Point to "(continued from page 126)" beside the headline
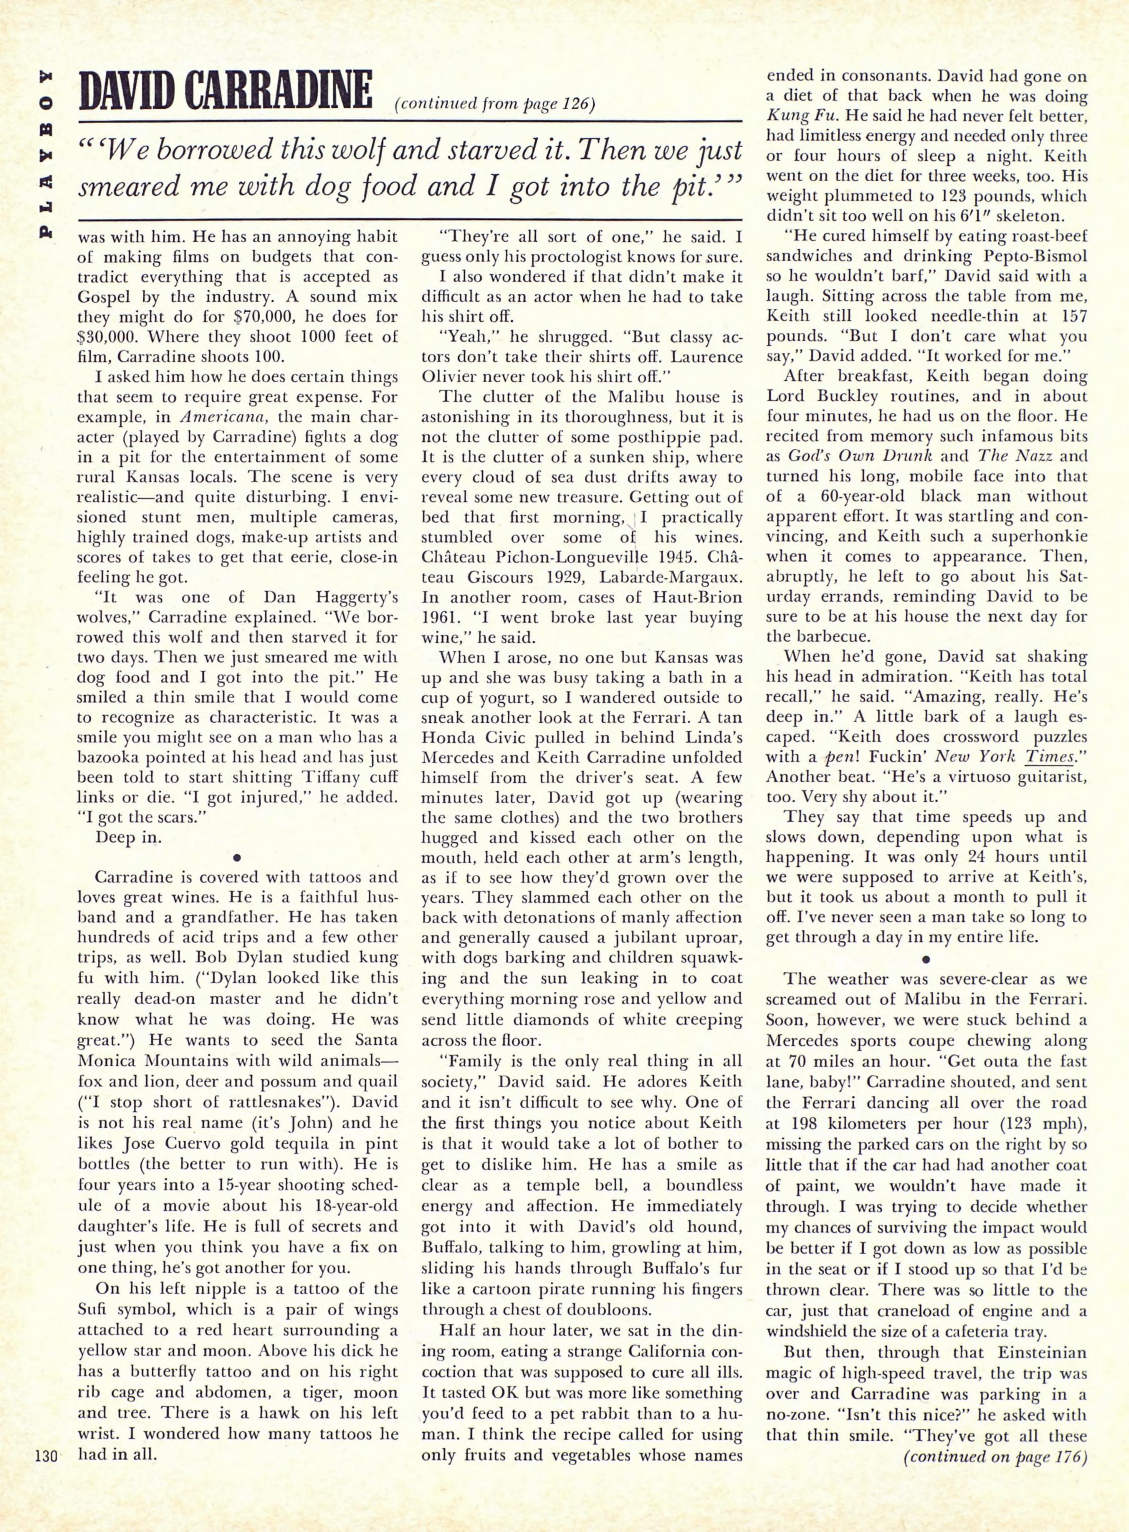point(495,105)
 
